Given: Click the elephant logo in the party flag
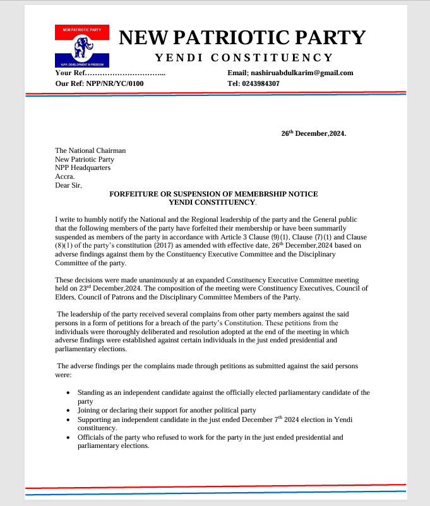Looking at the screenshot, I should pyautogui.click(x=82, y=46).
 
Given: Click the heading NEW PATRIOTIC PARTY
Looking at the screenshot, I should pyautogui.click(x=242, y=37).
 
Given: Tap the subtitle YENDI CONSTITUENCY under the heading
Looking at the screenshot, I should pyautogui.click(x=243, y=58).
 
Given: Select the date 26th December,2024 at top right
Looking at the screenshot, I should pyautogui.click(x=313, y=134).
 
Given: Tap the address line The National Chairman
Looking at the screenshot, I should pyautogui.click(x=90, y=150).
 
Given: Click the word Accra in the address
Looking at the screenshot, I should pyautogui.click(x=65, y=177).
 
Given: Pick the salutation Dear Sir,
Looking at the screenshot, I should pyautogui.click(x=69, y=186).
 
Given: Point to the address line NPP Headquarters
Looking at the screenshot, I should pyautogui.click(x=83, y=168).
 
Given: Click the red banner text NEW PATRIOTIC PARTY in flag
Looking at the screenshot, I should pyautogui.click(x=82, y=29).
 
